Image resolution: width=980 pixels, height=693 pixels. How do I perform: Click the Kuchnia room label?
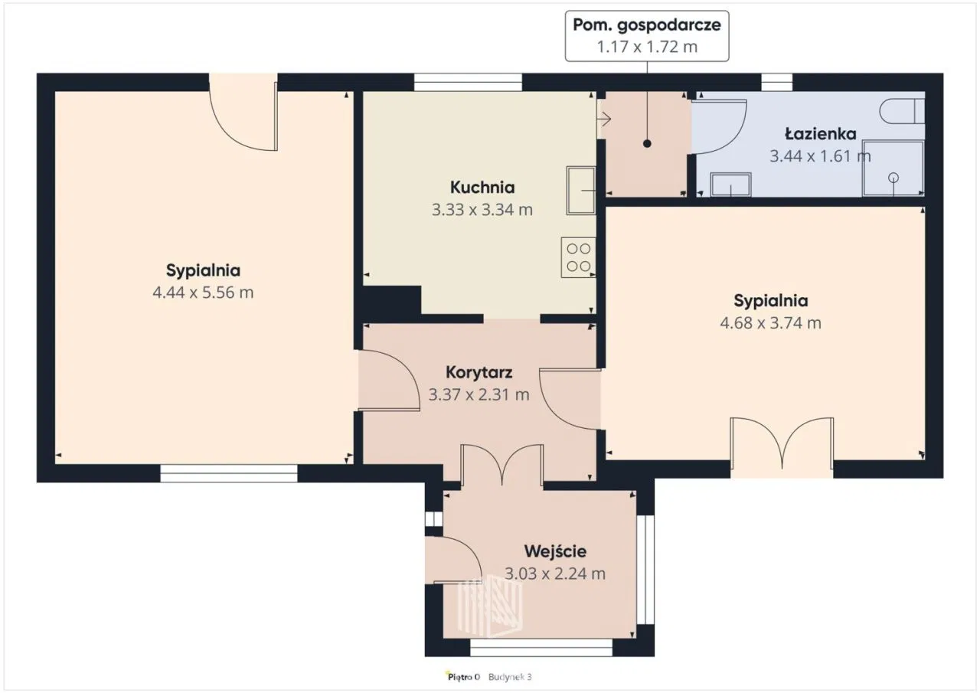pyautogui.click(x=482, y=188)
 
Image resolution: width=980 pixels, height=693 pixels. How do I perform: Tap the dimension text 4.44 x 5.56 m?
pyautogui.click(x=203, y=293)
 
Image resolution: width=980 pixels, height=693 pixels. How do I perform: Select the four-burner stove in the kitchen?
pyautogui.click(x=578, y=257)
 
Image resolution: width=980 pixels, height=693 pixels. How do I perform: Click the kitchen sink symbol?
pyautogui.click(x=581, y=191)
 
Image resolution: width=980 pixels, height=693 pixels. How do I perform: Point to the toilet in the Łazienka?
pyautogui.click(x=902, y=111)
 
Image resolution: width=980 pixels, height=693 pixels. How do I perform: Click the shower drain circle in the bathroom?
pyautogui.click(x=893, y=178)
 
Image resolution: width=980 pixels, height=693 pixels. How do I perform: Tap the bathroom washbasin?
pyautogui.click(x=730, y=185)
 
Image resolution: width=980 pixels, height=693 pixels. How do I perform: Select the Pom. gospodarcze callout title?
pyautogui.click(x=647, y=25)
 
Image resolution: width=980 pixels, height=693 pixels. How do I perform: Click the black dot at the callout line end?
pyautogui.click(x=647, y=143)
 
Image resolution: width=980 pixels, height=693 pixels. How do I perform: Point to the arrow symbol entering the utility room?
pyautogui.click(x=604, y=119)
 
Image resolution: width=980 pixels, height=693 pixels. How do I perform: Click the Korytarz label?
pyautogui.click(x=479, y=372)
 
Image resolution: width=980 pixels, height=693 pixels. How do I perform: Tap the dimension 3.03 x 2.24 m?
pyautogui.click(x=555, y=573)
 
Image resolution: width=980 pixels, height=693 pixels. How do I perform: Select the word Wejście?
pyautogui.click(x=555, y=551)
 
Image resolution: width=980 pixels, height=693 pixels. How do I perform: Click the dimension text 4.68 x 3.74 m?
pyautogui.click(x=770, y=323)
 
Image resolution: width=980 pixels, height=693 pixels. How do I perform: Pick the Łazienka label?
pyautogui.click(x=820, y=133)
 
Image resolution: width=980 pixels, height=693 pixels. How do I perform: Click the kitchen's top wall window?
pyautogui.click(x=468, y=82)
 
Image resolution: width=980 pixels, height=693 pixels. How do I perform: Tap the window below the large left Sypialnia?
pyautogui.click(x=229, y=473)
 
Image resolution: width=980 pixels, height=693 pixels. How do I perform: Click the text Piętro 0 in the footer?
pyautogui.click(x=463, y=677)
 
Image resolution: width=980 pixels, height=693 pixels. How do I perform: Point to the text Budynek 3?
pyautogui.click(x=510, y=677)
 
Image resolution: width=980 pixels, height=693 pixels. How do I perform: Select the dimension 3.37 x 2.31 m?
pyautogui.click(x=479, y=394)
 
